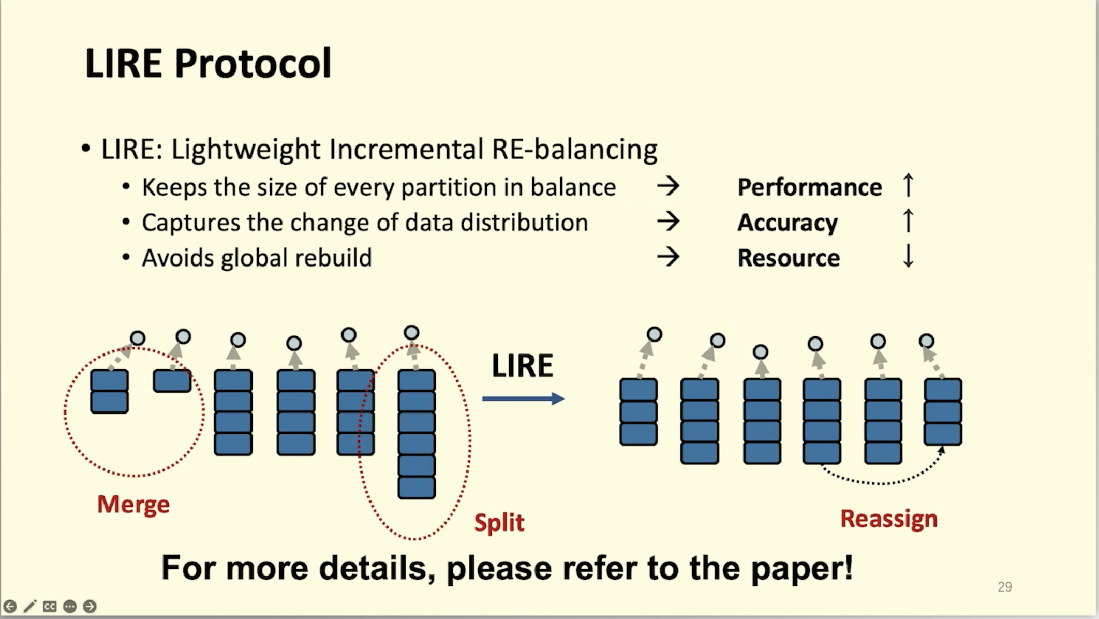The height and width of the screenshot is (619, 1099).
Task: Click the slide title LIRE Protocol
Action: [208, 63]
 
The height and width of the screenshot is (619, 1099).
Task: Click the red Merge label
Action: [133, 504]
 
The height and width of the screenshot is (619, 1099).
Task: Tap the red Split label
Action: [499, 522]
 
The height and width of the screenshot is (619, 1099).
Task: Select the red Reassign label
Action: [888, 519]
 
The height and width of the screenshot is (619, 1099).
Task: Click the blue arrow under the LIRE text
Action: [523, 399]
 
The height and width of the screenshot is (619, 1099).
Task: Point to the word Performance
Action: [809, 187]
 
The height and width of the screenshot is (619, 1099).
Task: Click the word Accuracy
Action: [787, 223]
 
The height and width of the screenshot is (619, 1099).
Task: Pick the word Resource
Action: [789, 258]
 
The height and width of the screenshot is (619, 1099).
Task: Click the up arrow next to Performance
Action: [908, 185]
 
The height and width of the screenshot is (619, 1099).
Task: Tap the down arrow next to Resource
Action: [908, 256]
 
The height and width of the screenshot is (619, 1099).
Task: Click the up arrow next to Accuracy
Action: [908, 221]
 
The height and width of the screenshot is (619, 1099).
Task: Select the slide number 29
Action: [1004, 587]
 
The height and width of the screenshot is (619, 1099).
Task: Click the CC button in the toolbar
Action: [50, 606]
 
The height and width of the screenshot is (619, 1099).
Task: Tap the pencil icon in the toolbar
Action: [29, 606]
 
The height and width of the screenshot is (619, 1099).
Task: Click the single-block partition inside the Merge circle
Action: [172, 381]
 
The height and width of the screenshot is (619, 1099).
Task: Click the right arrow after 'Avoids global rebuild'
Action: [668, 257]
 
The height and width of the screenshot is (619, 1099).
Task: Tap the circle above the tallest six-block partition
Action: [411, 332]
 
